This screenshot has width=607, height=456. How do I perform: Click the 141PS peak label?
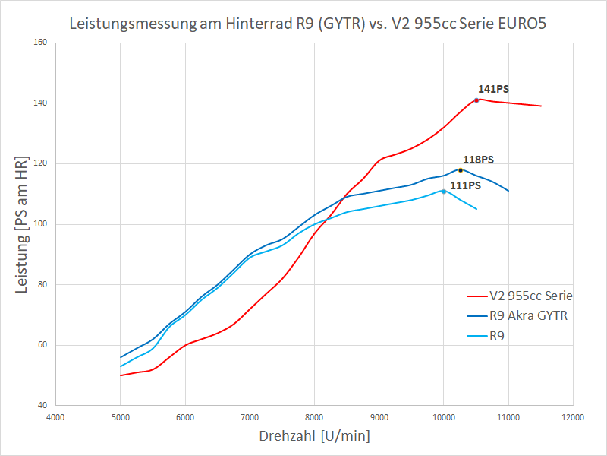tap(493, 89)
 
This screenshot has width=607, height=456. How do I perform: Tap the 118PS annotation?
tap(478, 160)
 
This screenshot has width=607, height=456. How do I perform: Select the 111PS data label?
tap(466, 185)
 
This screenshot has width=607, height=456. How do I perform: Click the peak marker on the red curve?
tap(476, 100)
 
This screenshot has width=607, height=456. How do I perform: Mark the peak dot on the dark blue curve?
tap(461, 170)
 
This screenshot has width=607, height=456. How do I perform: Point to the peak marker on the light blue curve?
tap(444, 192)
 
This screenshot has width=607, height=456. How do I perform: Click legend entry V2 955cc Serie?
tap(531, 296)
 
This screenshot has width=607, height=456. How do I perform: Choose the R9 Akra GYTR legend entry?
tap(528, 315)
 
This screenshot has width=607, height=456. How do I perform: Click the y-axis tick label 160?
tap(41, 43)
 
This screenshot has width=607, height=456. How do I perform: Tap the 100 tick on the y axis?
tap(41, 224)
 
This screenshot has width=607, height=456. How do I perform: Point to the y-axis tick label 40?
tap(43, 406)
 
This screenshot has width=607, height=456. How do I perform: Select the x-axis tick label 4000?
tap(55, 417)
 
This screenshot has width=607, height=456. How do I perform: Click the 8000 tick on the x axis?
tap(314, 417)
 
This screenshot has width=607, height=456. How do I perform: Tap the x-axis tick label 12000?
tap(573, 417)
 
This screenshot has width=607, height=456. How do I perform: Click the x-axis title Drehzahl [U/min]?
tap(314, 436)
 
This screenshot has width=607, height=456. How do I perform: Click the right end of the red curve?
tap(540, 106)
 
